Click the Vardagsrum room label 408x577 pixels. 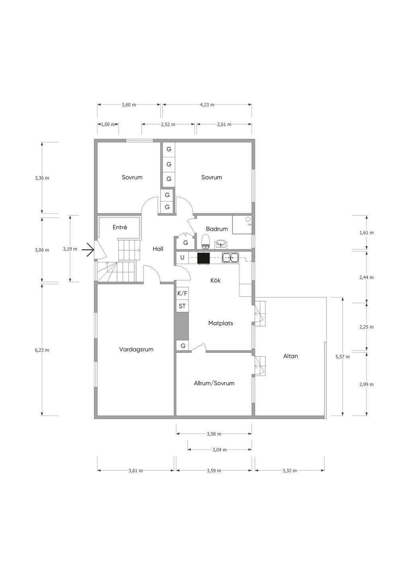pyautogui.click(x=136, y=349)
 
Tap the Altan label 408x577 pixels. pyautogui.click(x=290, y=356)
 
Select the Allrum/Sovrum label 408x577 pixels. pyautogui.click(x=214, y=383)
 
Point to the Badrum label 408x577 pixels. pyautogui.click(x=217, y=229)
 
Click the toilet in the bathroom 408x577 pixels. pyautogui.click(x=206, y=241)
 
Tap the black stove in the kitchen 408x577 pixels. pyautogui.click(x=203, y=258)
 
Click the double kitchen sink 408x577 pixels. pyautogui.click(x=230, y=258)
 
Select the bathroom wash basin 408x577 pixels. pyautogui.click(x=221, y=243)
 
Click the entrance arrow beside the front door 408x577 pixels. pyautogui.click(x=88, y=250)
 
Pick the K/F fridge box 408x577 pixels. pyautogui.click(x=182, y=293)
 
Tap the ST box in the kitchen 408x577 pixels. pyautogui.click(x=182, y=306)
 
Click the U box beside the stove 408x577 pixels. pyautogui.click(x=182, y=257)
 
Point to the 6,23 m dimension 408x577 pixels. pyautogui.click(x=42, y=350)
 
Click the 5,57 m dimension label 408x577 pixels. pyautogui.click(x=343, y=357)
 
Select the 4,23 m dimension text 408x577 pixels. pyautogui.click(x=207, y=105)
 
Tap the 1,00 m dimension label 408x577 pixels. pyautogui.click(x=108, y=124)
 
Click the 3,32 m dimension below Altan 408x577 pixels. pyautogui.click(x=289, y=471)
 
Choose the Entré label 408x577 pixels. pyautogui.click(x=120, y=227)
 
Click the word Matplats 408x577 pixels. pyautogui.click(x=221, y=323)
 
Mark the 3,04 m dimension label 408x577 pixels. pyautogui.click(x=220, y=450)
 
